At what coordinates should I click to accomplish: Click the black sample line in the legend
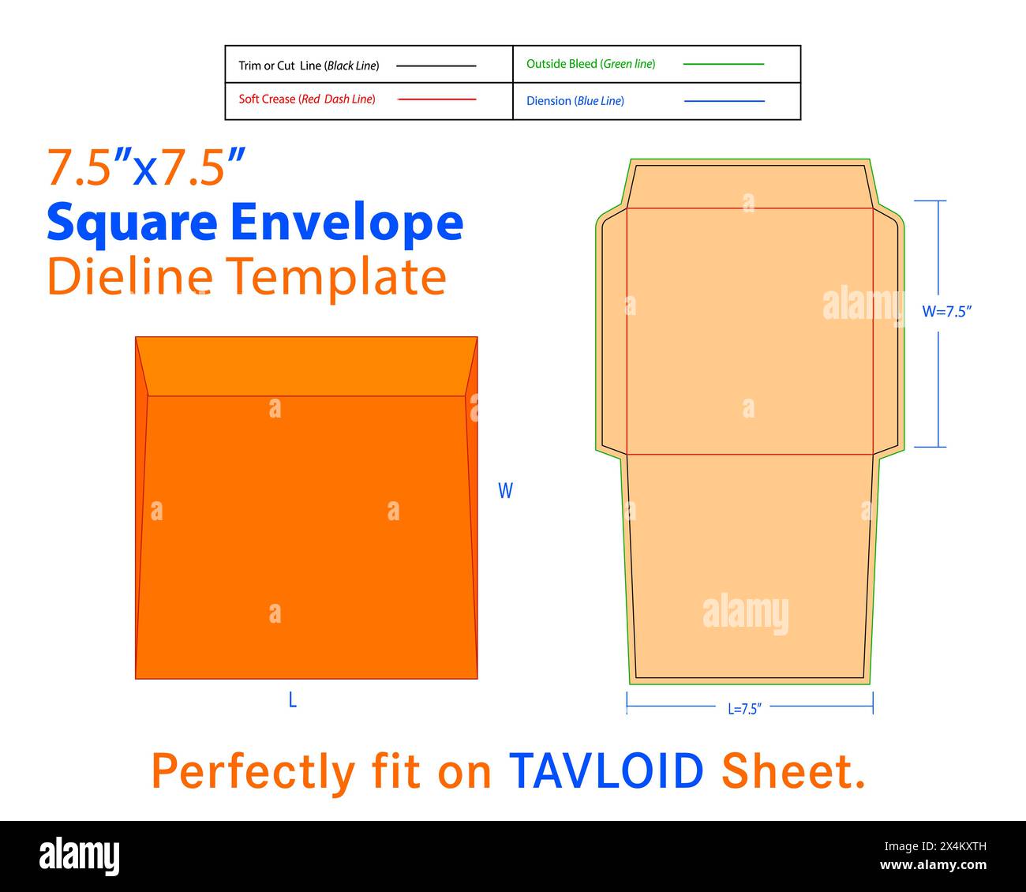tap(436, 66)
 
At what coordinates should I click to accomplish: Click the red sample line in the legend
tap(436, 99)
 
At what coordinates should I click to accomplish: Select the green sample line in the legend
tap(723, 64)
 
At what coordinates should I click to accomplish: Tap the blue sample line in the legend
tap(724, 101)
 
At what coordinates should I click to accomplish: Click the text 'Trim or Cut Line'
tap(280, 66)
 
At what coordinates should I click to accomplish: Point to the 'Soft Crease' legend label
tap(267, 99)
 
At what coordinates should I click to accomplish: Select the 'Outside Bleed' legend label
tap(562, 64)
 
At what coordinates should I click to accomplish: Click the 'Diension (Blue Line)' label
tap(575, 101)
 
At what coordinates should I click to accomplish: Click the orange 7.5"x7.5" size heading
tap(146, 167)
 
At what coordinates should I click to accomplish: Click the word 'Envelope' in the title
tap(346, 220)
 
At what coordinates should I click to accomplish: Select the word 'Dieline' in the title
tap(129, 275)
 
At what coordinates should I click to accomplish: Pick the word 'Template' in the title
tap(336, 277)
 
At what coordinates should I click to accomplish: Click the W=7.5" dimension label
tap(947, 311)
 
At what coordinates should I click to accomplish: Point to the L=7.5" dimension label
tap(744, 709)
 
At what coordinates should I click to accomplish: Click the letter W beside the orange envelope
tap(505, 490)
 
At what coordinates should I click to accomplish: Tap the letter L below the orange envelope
tap(293, 699)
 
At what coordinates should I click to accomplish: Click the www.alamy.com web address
tap(933, 865)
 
